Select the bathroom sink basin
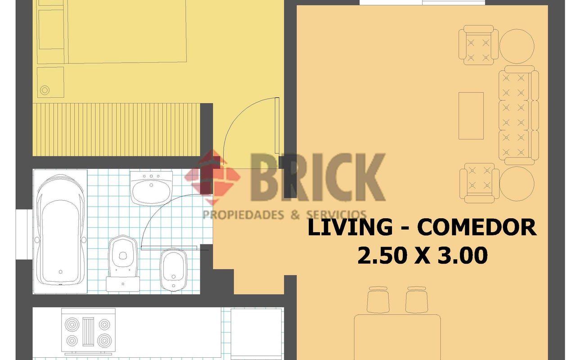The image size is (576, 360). (x=151, y=189)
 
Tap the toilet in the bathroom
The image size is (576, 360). (x=123, y=263)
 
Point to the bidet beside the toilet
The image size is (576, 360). (x=174, y=270)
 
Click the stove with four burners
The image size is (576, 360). (x=88, y=332)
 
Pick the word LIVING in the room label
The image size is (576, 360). (x=350, y=228)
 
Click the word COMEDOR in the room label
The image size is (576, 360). (x=477, y=228)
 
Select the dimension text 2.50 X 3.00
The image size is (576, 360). (x=423, y=255)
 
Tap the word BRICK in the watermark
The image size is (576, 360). (x=318, y=177)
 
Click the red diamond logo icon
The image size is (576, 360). (x=212, y=177)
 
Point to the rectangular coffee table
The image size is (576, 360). (x=471, y=116)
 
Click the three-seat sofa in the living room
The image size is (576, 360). (x=519, y=115)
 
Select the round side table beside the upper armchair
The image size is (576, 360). (x=517, y=46)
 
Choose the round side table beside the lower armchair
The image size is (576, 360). (x=517, y=184)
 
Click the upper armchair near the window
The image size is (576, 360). (x=478, y=45)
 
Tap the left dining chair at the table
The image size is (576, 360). (x=378, y=300)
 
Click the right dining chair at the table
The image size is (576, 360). (x=417, y=300)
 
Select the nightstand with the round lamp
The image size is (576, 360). (x=50, y=82)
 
